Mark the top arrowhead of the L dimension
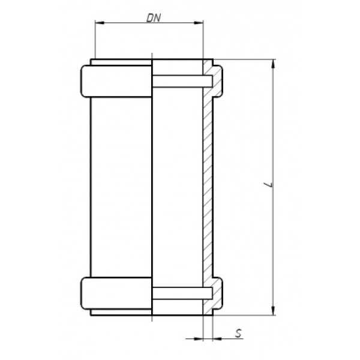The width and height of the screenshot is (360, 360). click(274, 64)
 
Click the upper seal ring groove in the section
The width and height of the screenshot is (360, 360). click(182, 80)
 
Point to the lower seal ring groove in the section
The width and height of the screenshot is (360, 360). click(182, 293)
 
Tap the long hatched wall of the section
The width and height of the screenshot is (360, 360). click(207, 186)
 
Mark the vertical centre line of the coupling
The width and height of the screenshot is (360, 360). click(152, 186)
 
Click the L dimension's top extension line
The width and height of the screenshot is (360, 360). click(246, 60)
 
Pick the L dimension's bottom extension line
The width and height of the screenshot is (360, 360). click(246, 315)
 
